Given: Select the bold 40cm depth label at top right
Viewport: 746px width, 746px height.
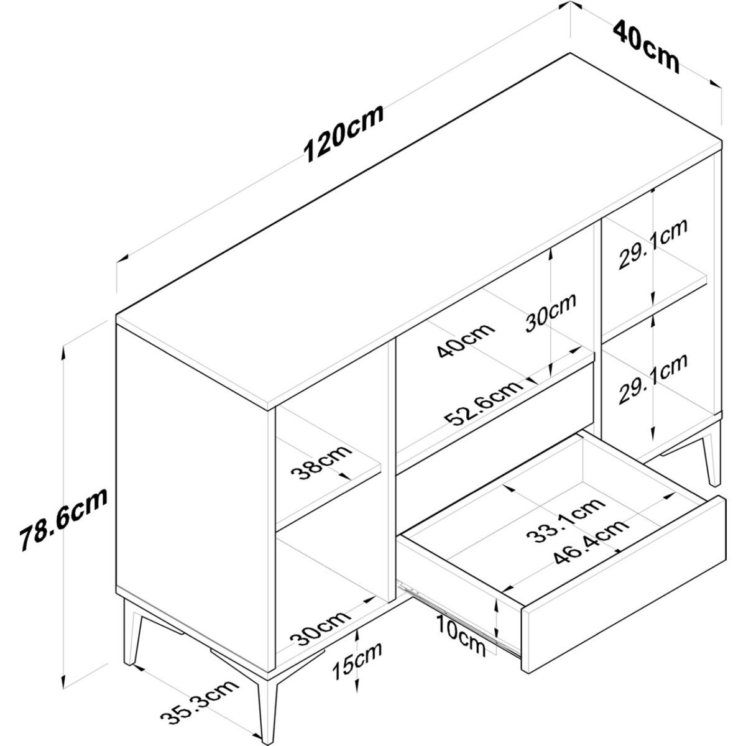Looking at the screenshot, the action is pyautogui.click(x=646, y=47).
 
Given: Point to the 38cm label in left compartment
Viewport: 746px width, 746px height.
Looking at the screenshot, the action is pyautogui.click(x=321, y=462).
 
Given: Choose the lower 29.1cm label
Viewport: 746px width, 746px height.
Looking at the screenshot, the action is pyautogui.click(x=653, y=378).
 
